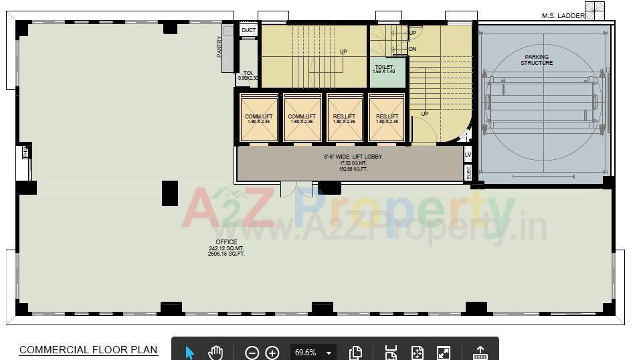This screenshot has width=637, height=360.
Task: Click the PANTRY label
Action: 219,47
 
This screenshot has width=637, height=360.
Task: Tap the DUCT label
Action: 248,30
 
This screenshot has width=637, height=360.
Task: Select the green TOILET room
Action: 387,73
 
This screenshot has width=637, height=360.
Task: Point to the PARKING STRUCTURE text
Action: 537,60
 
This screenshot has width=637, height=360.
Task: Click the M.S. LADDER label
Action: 563,16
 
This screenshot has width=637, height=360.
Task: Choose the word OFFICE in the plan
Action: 226,242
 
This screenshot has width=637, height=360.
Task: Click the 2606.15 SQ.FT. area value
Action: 226,254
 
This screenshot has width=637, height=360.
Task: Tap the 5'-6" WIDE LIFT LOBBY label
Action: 353,157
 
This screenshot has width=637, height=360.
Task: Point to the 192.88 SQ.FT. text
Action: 353,169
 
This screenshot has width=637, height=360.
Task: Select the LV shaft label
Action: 468,155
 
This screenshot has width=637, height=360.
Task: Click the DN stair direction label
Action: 413,49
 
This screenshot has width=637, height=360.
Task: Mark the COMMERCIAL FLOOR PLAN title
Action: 88,350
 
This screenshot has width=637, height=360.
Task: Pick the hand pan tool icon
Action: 215,352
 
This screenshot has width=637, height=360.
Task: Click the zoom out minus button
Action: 252,353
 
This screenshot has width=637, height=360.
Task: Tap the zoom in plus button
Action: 272,353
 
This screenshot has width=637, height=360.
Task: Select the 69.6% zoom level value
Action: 306,353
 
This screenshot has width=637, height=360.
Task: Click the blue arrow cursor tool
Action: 190,353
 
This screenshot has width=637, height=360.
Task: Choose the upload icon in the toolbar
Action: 480,353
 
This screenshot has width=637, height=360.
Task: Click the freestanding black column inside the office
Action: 170,193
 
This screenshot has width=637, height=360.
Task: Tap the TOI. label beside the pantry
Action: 248,73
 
